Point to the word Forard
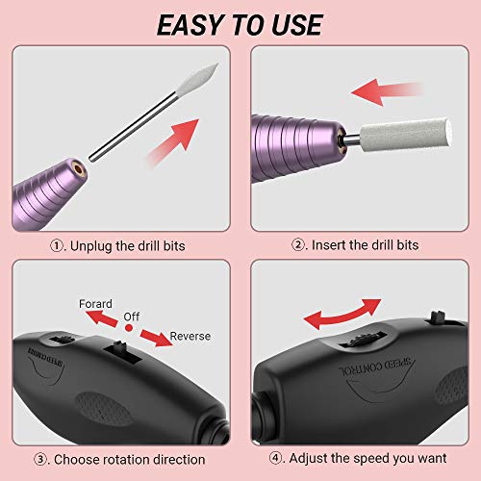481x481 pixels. click(98, 304)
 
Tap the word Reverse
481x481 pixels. click(190, 337)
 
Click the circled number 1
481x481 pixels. click(53, 246)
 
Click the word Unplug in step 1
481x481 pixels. click(93, 246)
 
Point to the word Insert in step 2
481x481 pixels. click(328, 246)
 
